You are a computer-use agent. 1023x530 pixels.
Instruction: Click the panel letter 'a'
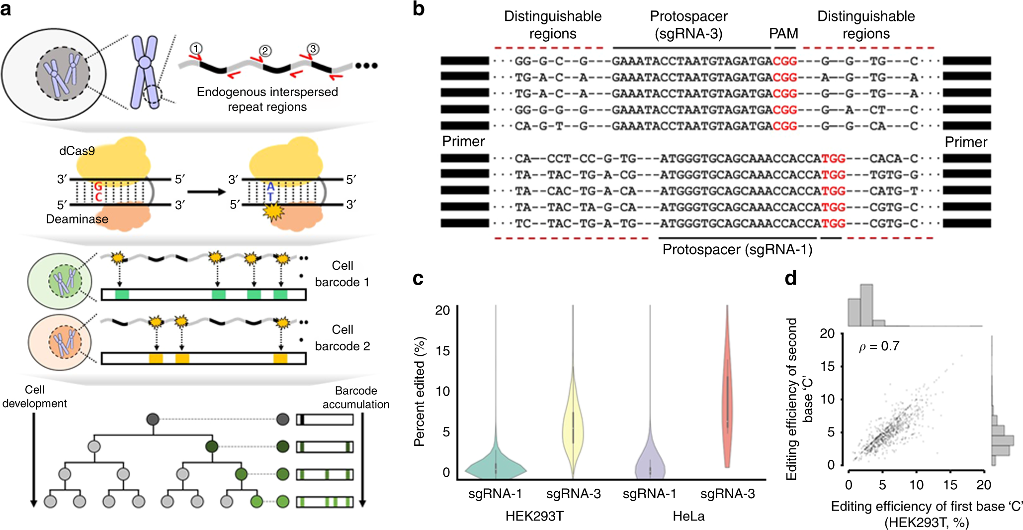point(6,8)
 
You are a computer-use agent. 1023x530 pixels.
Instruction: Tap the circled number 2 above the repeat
point(265,51)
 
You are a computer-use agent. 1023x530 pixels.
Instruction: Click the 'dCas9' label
point(77,151)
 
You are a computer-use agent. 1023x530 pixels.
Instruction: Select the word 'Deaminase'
point(77,219)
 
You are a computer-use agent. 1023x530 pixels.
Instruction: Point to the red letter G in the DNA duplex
point(98,187)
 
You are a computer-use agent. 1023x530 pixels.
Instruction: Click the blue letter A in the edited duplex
point(270,187)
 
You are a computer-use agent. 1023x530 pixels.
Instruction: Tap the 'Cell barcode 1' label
point(342,274)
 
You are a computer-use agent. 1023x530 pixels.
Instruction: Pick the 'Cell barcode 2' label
point(342,338)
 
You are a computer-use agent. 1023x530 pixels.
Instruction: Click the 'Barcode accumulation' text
point(356,397)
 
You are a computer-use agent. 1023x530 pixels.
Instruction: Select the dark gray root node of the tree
point(153,419)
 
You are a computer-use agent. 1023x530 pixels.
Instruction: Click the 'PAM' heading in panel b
point(783,33)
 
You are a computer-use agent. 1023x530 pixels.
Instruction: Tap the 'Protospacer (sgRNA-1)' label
point(737,249)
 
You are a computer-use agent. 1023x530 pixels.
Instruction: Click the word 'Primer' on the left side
point(463,141)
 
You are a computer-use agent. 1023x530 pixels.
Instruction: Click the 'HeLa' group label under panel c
point(688,516)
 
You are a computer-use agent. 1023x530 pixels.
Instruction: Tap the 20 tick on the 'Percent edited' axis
point(442,311)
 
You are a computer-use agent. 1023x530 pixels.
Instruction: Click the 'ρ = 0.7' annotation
point(879,346)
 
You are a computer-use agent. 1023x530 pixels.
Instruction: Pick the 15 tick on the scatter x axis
point(950,485)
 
